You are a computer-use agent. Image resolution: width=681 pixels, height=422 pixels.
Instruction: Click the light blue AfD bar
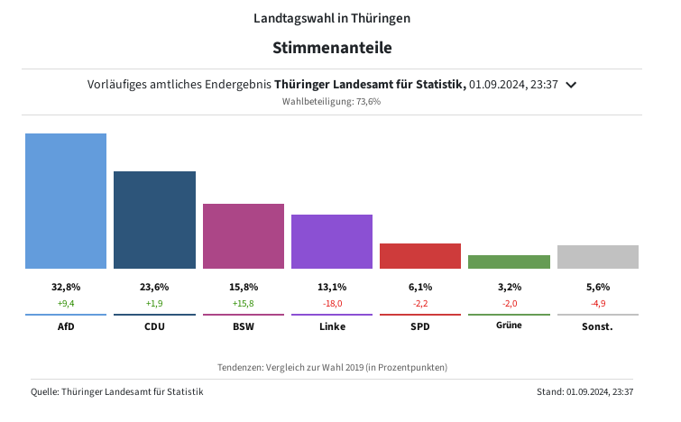[66, 201]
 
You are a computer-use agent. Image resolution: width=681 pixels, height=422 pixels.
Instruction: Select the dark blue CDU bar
[154, 220]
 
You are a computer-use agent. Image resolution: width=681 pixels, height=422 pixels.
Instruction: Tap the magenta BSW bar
[244, 236]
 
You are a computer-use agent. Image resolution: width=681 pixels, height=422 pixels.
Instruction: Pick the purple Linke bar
[332, 242]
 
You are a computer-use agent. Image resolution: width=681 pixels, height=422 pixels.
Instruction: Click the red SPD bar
[420, 256]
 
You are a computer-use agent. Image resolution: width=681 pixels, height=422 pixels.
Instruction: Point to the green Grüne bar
[509, 261]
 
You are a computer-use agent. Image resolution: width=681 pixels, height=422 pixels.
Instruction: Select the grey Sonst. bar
[598, 257]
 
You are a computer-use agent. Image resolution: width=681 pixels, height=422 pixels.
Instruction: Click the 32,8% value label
[66, 287]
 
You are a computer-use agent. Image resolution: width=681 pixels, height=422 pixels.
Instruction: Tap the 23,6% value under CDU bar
[154, 287]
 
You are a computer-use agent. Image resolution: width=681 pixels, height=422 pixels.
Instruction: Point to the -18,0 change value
[332, 304]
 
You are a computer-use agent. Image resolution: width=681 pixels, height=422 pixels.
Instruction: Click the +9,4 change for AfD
[66, 304]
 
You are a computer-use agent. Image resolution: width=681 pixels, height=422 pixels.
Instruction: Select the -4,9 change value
[598, 304]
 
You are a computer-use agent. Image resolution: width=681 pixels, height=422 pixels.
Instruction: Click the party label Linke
[332, 326]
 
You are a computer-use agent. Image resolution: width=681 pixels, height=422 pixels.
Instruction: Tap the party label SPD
[420, 326]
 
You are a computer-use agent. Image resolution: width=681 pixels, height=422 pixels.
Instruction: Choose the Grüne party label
[509, 326]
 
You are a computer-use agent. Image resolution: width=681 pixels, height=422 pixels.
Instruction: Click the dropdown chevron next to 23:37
[570, 85]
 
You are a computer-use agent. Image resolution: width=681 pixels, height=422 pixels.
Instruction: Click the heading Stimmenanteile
[332, 47]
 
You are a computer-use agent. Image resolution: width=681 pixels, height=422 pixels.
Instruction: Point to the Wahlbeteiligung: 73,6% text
[332, 102]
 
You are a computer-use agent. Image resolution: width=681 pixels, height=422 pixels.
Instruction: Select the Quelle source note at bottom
[117, 391]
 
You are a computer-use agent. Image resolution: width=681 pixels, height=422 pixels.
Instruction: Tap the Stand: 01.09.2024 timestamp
[584, 391]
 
